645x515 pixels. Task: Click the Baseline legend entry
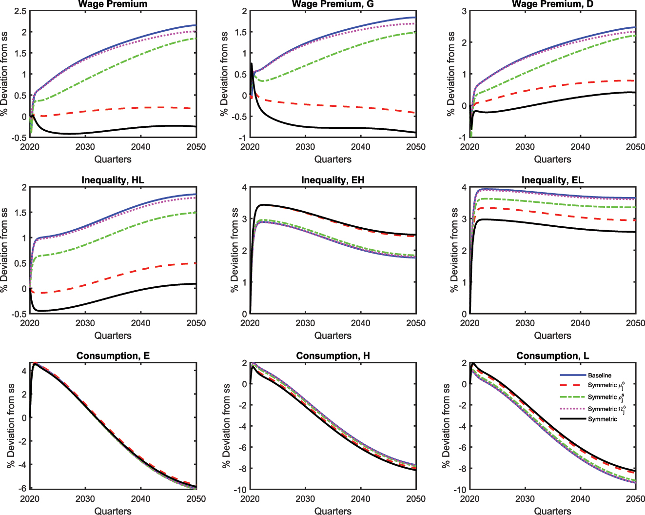click(599, 376)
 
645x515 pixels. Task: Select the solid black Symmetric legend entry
click(602, 419)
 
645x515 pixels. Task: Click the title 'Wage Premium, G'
click(333, 4)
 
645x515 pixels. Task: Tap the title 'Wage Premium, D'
click(552, 4)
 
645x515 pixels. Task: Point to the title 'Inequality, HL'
click(113, 180)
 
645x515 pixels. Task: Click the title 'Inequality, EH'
click(332, 180)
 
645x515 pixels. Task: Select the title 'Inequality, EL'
click(552, 180)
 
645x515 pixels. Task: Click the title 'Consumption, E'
click(113, 356)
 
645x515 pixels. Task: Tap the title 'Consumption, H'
click(332, 356)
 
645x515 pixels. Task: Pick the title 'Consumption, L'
click(552, 356)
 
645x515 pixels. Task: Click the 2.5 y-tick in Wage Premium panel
click(20, 11)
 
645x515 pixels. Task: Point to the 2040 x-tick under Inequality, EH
click(360, 323)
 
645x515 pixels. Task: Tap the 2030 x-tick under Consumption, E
click(85, 499)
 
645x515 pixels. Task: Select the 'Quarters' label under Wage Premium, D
click(552, 159)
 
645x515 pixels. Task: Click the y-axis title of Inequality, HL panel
click(5, 251)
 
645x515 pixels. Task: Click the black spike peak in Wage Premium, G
click(252, 63)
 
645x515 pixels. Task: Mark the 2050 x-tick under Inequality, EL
click(635, 323)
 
